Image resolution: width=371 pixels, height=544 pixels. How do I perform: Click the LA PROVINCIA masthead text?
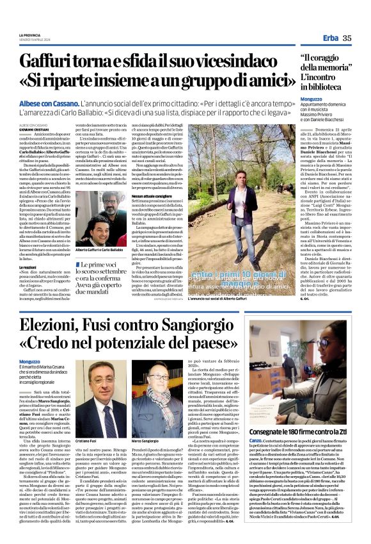click(30, 34)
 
